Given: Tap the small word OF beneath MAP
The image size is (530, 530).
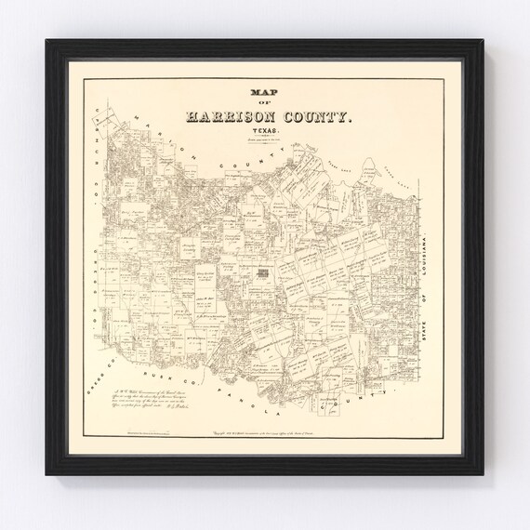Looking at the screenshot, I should pos(265,104).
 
